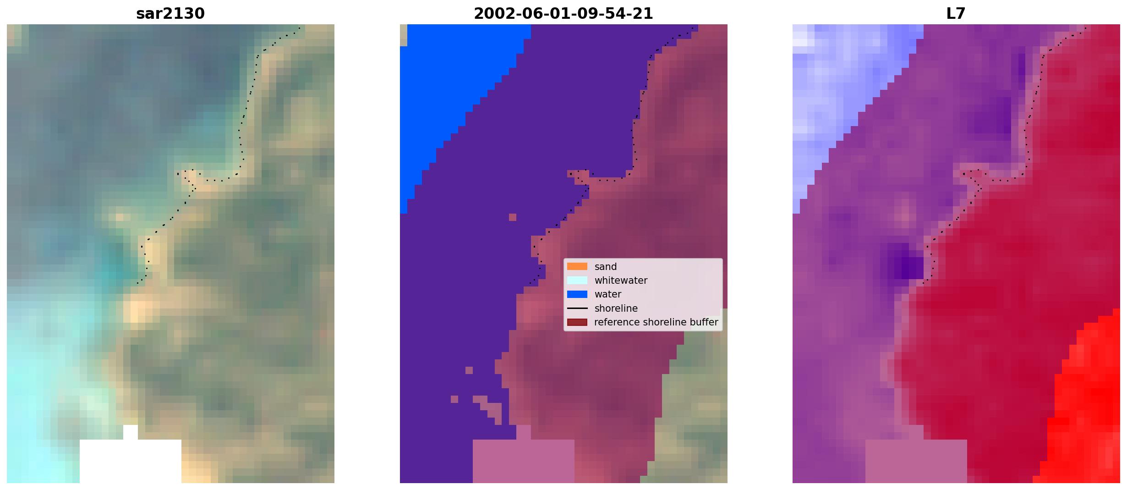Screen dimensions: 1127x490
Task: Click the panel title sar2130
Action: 170,14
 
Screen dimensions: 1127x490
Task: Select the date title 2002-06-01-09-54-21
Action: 563,14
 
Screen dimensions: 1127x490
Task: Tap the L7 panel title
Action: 956,14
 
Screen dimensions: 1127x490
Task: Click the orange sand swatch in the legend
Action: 577,266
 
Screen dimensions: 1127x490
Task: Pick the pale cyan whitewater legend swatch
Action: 577,280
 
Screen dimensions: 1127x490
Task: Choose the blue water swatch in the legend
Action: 577,294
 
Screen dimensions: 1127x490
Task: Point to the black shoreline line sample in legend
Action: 577,308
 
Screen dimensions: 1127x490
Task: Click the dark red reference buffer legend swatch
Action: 577,322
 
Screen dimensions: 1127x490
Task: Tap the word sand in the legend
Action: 606,267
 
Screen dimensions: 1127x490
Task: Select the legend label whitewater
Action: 621,281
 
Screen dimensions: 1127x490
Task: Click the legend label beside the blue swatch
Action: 608,294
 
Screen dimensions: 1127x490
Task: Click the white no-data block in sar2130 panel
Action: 131,459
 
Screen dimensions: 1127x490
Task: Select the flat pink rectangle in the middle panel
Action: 524,461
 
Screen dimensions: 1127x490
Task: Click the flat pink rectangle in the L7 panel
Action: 916,461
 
